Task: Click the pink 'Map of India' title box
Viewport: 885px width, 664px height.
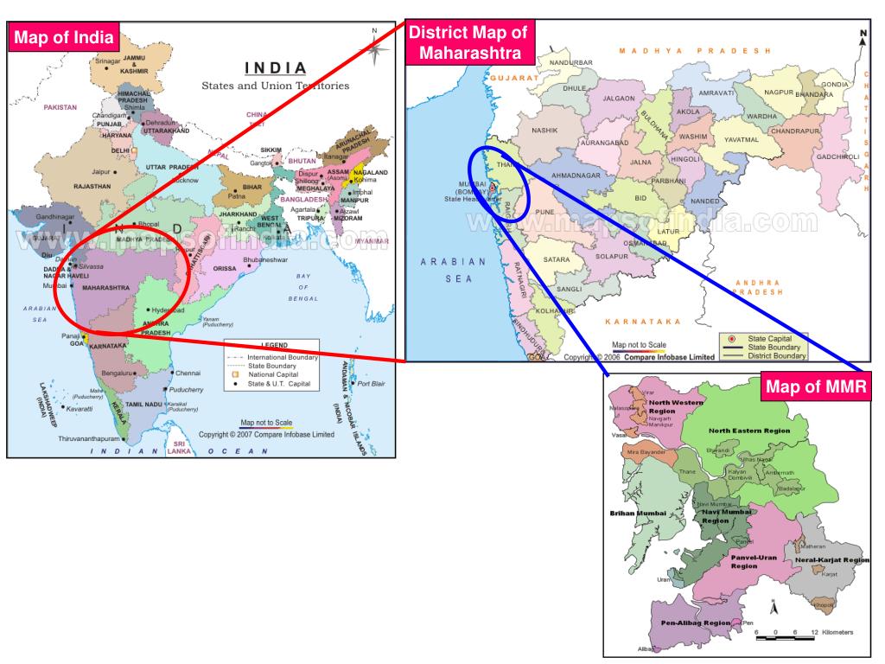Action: coord(63,37)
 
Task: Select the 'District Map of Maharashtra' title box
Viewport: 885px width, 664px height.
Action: coord(470,42)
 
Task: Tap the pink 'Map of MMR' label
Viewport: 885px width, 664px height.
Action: coord(816,386)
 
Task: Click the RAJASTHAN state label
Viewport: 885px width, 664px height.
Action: coord(92,186)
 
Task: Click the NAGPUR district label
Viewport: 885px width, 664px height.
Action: coord(779,92)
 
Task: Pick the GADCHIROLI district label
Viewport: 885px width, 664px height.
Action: coord(837,156)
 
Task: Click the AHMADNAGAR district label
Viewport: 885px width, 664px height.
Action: coord(575,175)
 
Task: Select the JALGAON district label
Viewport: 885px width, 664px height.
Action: coord(618,99)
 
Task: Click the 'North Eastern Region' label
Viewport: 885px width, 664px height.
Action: coord(749,430)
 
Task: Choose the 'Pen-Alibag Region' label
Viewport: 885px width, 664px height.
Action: coord(695,622)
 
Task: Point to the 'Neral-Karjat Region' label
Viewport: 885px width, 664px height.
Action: coord(831,560)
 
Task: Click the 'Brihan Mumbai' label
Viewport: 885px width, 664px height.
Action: coord(638,514)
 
